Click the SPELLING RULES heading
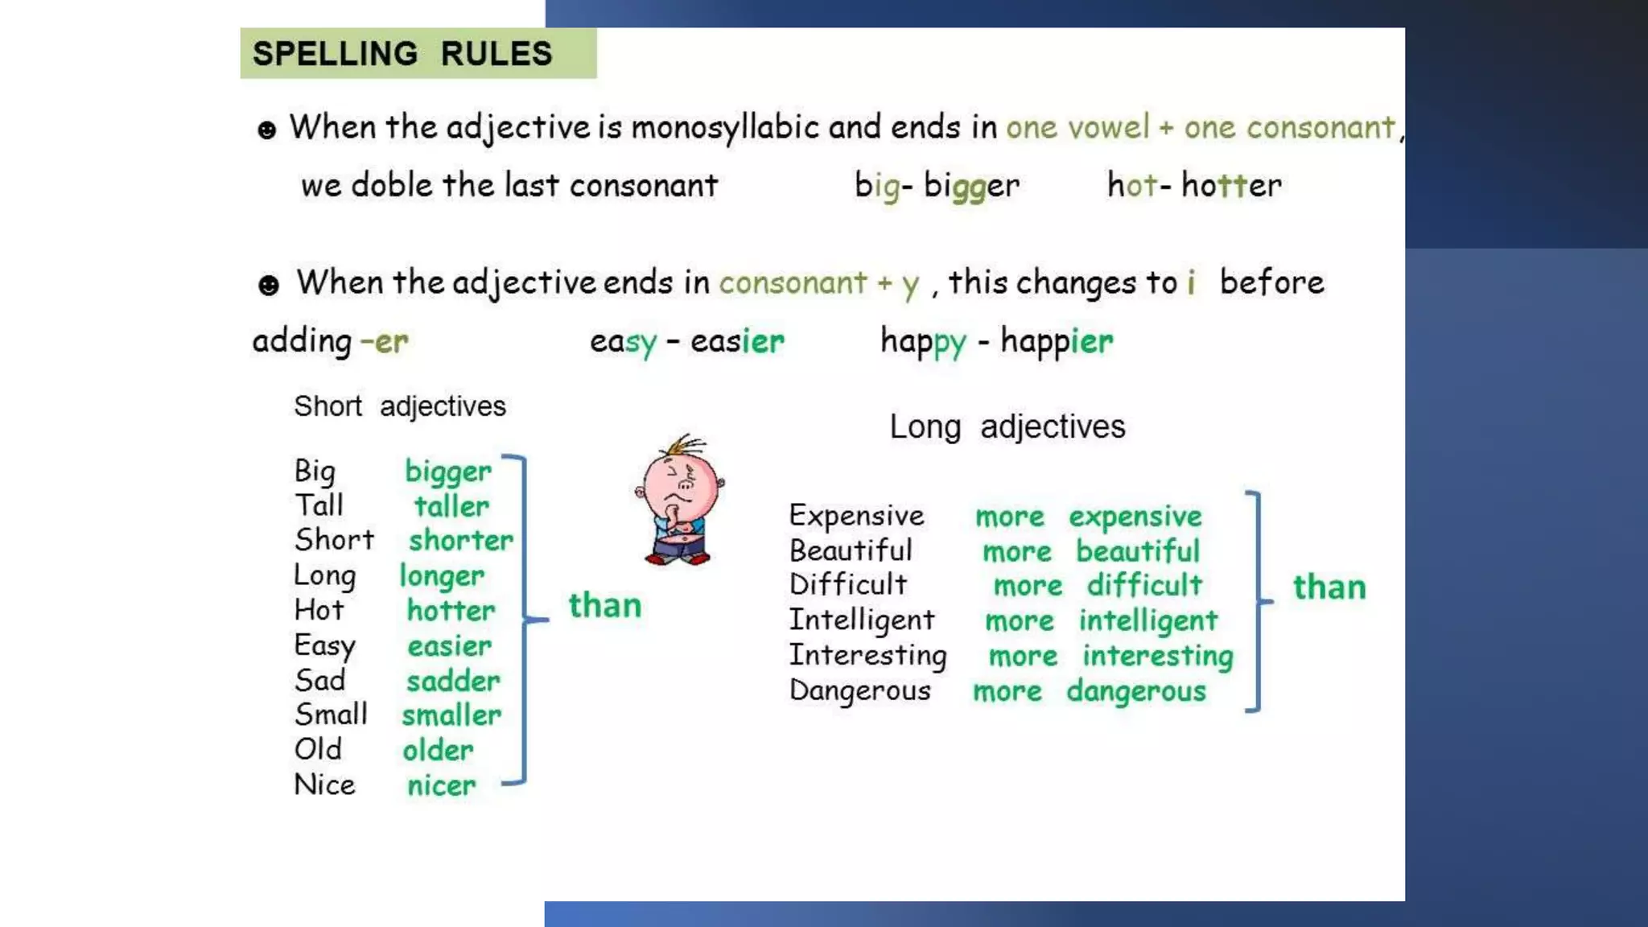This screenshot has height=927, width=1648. click(x=402, y=54)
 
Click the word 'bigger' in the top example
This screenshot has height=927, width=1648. click(x=971, y=186)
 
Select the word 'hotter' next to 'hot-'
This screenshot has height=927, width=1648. click(x=1231, y=186)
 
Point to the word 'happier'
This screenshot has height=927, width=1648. click(x=1057, y=341)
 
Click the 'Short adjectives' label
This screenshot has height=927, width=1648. click(x=400, y=406)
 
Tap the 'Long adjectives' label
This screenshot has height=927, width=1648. click(x=1007, y=426)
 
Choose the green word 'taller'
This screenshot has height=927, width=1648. click(x=451, y=506)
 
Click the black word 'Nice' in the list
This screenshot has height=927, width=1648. click(x=324, y=785)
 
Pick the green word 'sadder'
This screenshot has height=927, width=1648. click(x=453, y=682)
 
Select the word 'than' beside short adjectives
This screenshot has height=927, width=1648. click(x=605, y=605)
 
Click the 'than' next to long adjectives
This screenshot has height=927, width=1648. click(x=1329, y=587)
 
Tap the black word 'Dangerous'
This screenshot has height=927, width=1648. click(x=859, y=691)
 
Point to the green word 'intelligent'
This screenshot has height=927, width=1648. click(x=1148, y=621)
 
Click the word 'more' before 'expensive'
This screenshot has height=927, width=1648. click(x=1010, y=517)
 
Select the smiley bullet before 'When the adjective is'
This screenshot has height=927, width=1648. click(x=266, y=130)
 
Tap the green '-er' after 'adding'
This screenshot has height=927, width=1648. click(x=385, y=342)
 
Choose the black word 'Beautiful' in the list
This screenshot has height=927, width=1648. click(x=851, y=551)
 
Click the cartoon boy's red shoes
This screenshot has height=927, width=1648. click(x=678, y=557)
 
